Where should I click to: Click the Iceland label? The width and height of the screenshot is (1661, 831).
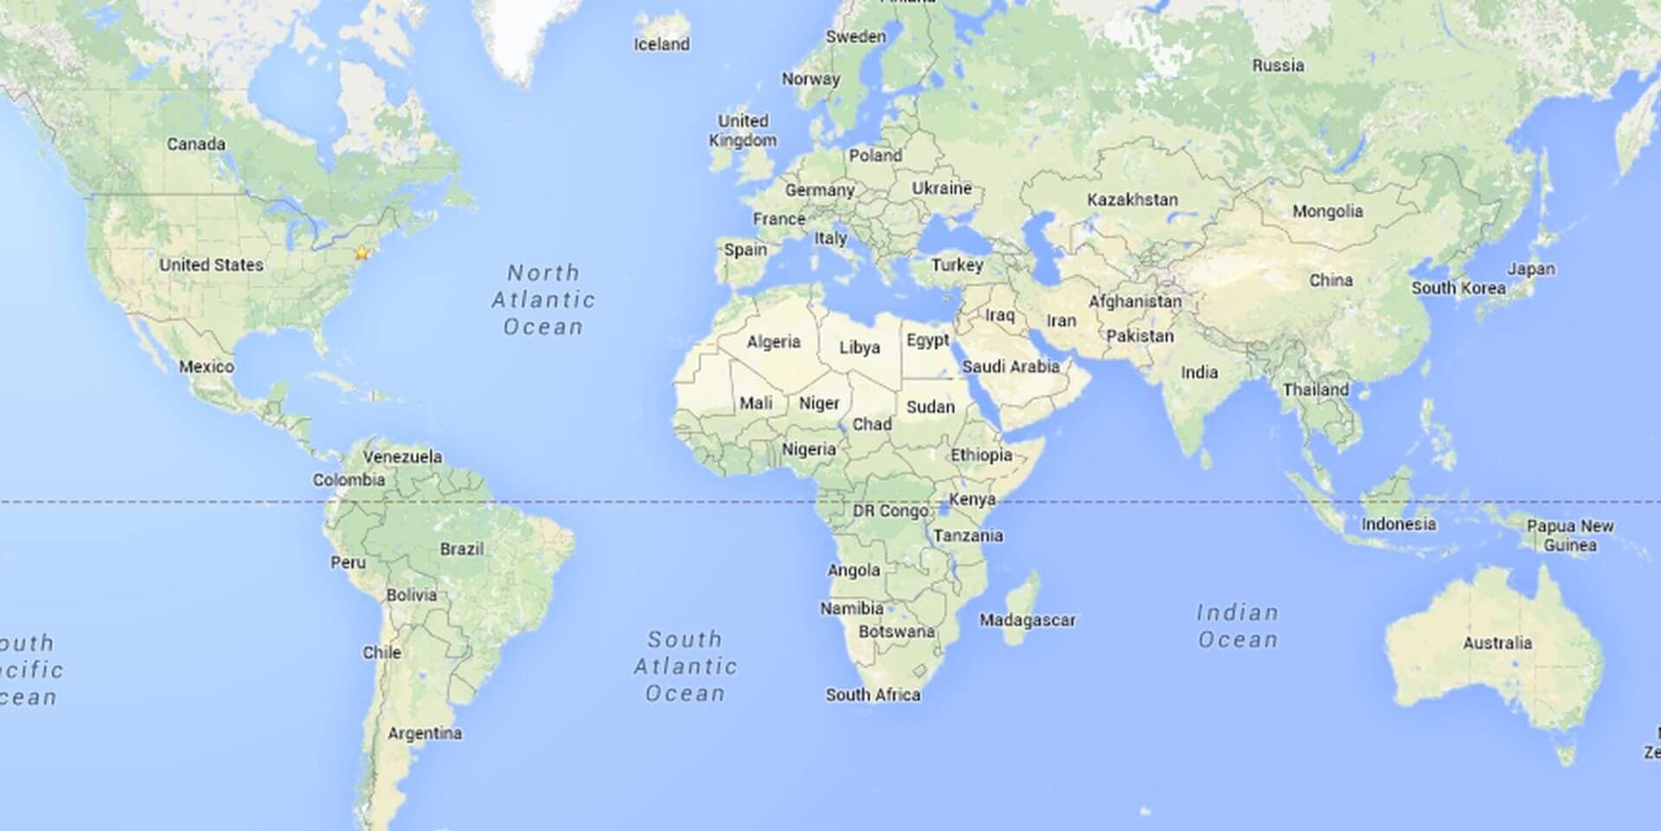[662, 44]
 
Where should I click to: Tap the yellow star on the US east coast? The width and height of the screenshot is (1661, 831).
[362, 253]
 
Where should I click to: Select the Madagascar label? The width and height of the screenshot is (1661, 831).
[1027, 620]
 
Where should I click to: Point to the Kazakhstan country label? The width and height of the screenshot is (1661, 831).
[1132, 200]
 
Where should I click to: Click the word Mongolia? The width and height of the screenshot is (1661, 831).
[1327, 211]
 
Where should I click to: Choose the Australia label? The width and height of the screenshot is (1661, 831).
[1497, 642]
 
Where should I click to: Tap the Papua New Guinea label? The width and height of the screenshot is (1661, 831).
[1569, 535]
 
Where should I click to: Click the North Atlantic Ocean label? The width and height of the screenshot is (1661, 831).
[543, 299]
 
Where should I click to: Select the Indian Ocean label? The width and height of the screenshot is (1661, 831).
[1237, 626]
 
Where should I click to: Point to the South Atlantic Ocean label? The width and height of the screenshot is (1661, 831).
[685, 666]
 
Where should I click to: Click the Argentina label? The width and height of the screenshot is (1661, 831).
[424, 733]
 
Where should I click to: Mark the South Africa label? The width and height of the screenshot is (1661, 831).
[872, 694]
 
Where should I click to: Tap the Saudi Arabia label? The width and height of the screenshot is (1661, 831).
[1010, 367]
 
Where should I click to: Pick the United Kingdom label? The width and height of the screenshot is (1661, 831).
[742, 131]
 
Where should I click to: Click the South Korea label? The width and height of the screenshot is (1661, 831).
[1458, 288]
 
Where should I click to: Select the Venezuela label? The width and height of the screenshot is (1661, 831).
[402, 457]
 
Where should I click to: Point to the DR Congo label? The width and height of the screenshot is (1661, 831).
[890, 511]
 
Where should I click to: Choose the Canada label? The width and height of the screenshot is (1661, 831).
[196, 144]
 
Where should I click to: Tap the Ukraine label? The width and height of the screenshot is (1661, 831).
[941, 189]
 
